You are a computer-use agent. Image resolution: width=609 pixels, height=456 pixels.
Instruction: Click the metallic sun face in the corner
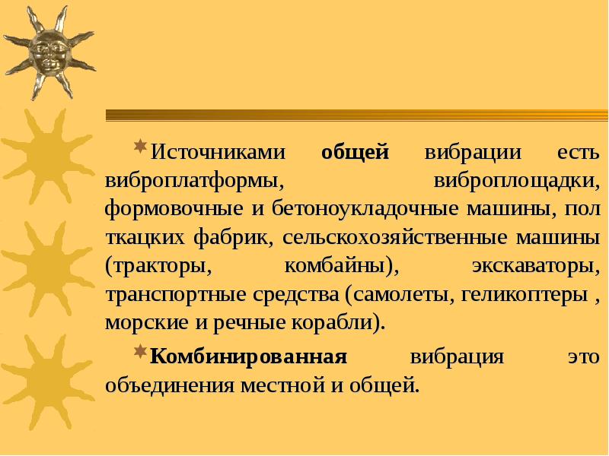(47, 52)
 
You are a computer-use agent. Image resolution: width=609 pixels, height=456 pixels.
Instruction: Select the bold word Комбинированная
(249, 356)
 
